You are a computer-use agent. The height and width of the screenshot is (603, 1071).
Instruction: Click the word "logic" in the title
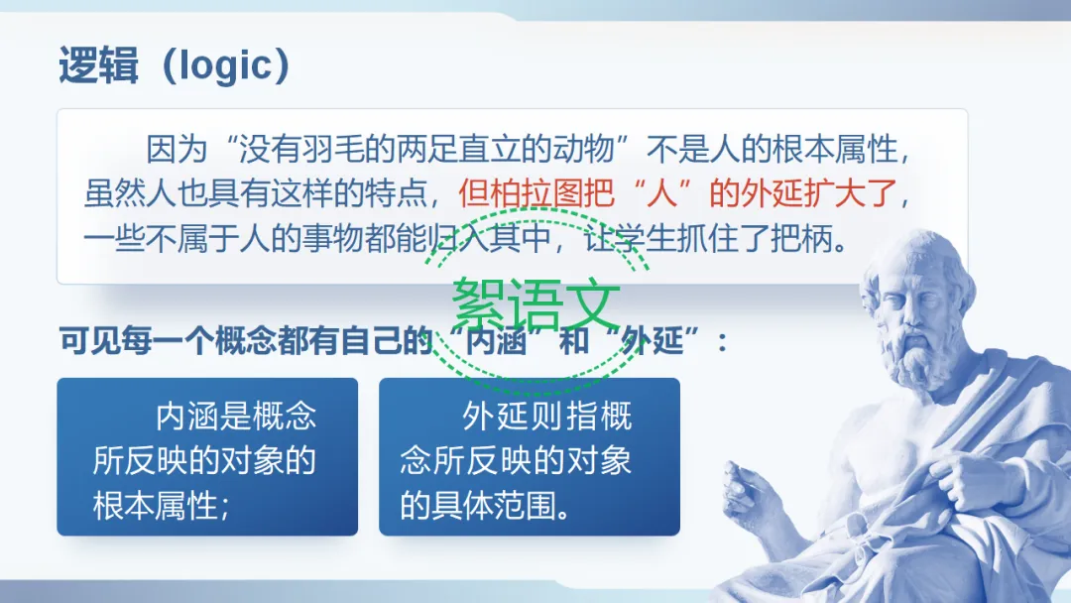coord(225,66)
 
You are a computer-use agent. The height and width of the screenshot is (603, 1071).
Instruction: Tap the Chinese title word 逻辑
coord(99,65)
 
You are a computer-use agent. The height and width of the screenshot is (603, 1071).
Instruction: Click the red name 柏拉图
coord(536,193)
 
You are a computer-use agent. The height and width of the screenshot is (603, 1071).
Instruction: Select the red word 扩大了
coord(851,193)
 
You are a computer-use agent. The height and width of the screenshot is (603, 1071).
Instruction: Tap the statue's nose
coord(891,307)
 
